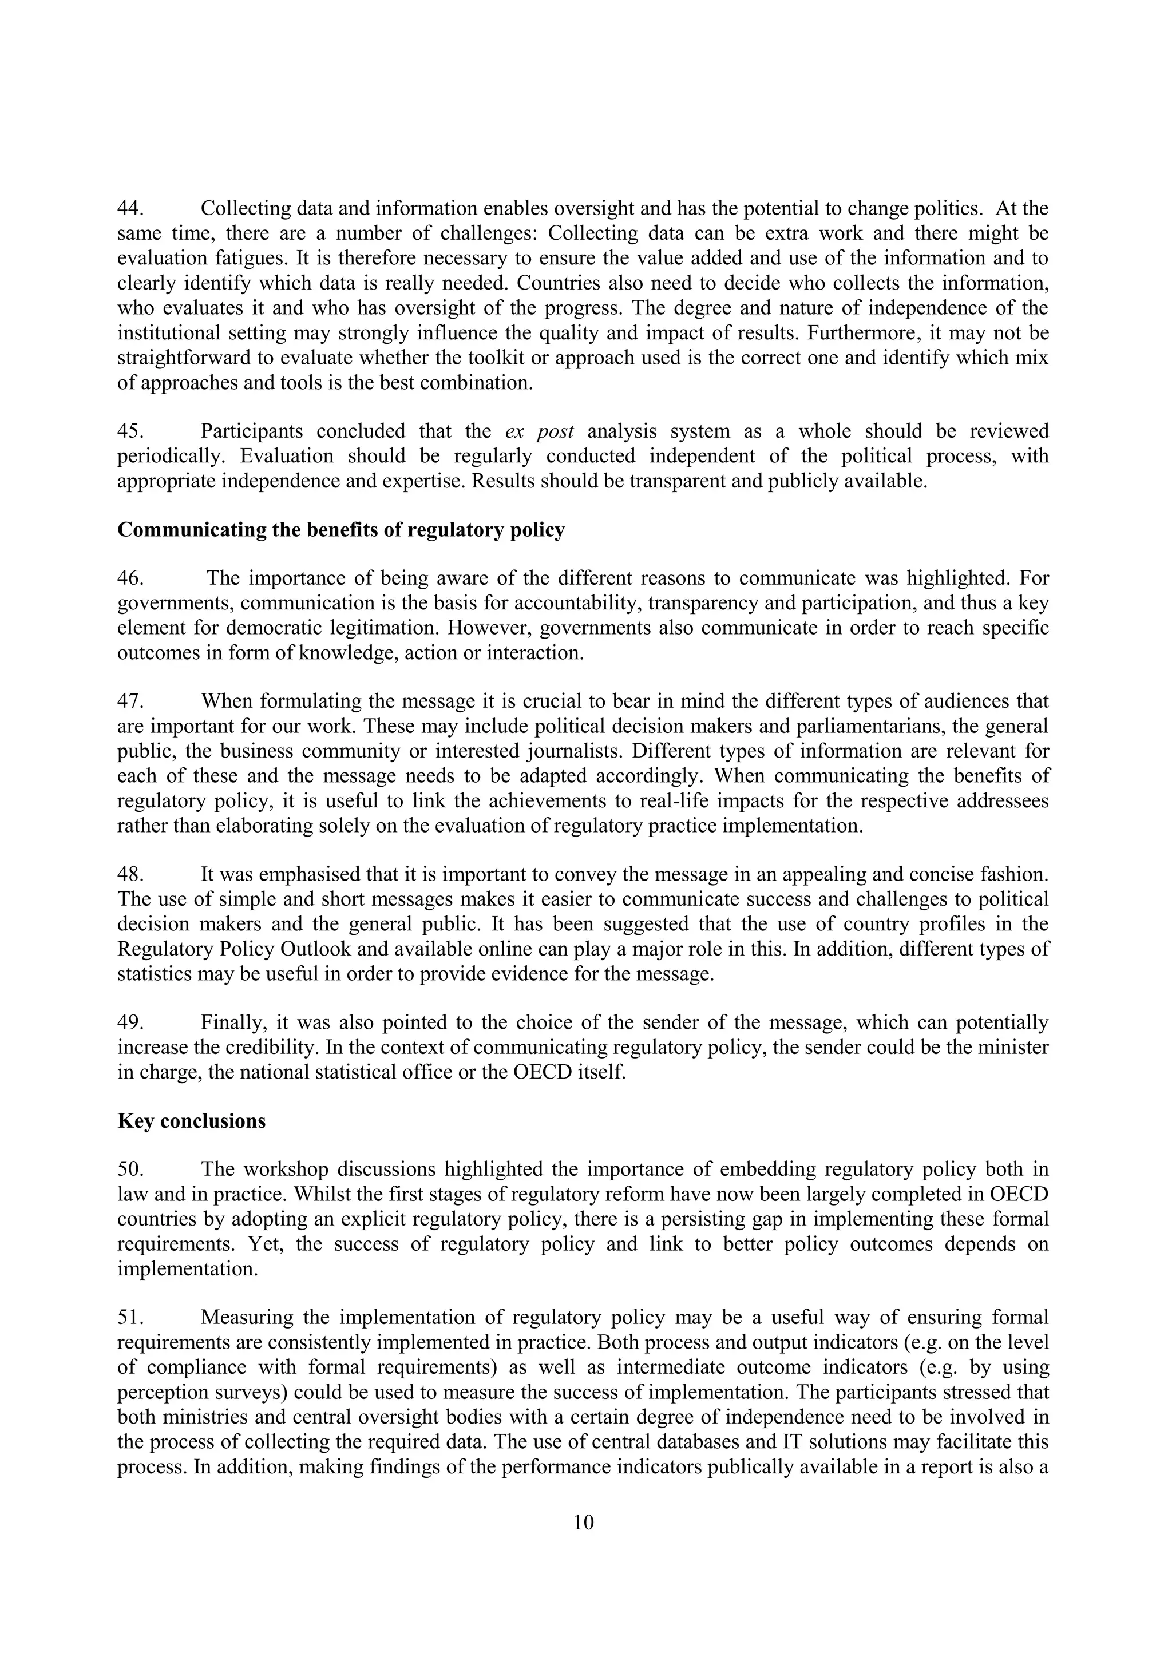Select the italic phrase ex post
(539, 431)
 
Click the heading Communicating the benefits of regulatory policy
(340, 530)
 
